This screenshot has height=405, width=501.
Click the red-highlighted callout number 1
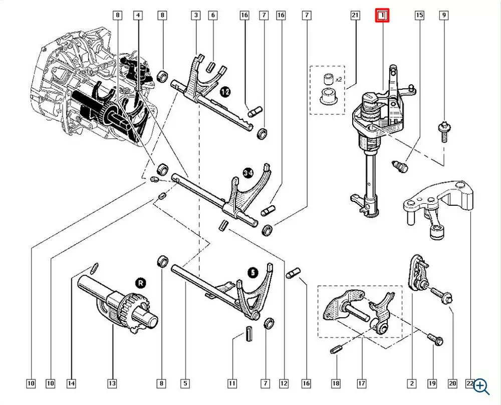point(382,16)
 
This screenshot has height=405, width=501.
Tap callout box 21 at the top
point(355,15)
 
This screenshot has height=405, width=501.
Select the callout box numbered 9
point(444,15)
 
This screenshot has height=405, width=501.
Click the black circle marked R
point(141,284)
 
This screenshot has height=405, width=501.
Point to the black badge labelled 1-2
point(225,92)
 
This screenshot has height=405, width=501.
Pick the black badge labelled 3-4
point(248,173)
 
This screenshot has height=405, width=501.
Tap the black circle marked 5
point(253,273)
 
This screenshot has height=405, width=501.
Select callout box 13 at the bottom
point(112,383)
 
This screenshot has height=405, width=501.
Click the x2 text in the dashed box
point(339,79)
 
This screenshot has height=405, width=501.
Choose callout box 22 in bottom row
point(470,383)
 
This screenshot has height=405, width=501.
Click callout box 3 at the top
point(196,15)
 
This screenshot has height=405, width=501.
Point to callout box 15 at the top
point(419,15)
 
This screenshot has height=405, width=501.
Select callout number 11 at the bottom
point(232,383)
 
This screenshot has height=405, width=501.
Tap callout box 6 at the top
point(213,15)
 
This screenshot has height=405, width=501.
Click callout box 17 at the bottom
point(361,383)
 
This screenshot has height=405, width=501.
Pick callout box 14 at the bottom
point(71,383)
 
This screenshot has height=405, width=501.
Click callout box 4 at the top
point(138,15)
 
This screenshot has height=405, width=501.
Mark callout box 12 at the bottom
point(284,383)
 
